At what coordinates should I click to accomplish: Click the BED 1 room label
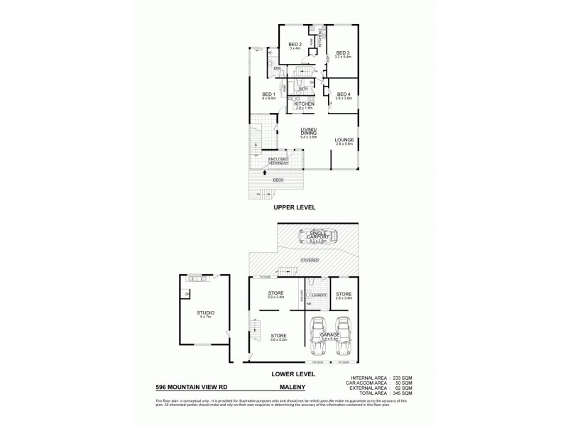(268, 94)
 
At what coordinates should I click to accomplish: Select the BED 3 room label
(343, 52)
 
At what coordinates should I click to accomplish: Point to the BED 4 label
(344, 94)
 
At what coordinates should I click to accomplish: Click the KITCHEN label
(304, 104)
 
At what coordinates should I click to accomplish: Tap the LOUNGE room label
(344, 140)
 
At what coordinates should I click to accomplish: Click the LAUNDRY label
(319, 295)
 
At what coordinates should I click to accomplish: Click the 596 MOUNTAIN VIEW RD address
(195, 388)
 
